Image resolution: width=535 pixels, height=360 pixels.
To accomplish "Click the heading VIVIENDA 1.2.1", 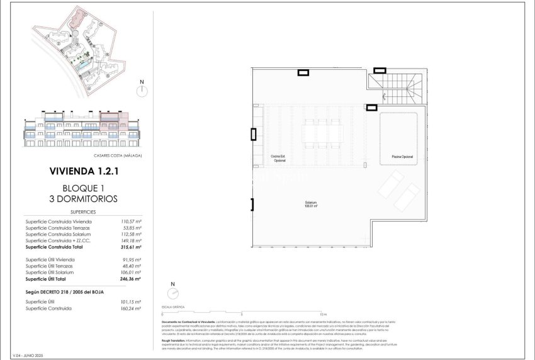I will pyautogui.click(x=83, y=171).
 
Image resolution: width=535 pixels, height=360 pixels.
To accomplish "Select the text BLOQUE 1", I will pyautogui.click(x=83, y=188).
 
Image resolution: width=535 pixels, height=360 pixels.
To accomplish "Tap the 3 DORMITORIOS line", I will pyautogui.click(x=83, y=199).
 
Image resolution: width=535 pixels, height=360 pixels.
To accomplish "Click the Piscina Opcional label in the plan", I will pyautogui.click(x=402, y=156).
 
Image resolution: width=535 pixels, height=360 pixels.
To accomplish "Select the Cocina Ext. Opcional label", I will pyautogui.click(x=279, y=158).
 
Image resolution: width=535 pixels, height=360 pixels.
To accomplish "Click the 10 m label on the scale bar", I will pyautogui.click(x=322, y=313).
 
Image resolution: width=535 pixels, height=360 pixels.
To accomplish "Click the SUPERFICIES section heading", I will pyautogui.click(x=83, y=213).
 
